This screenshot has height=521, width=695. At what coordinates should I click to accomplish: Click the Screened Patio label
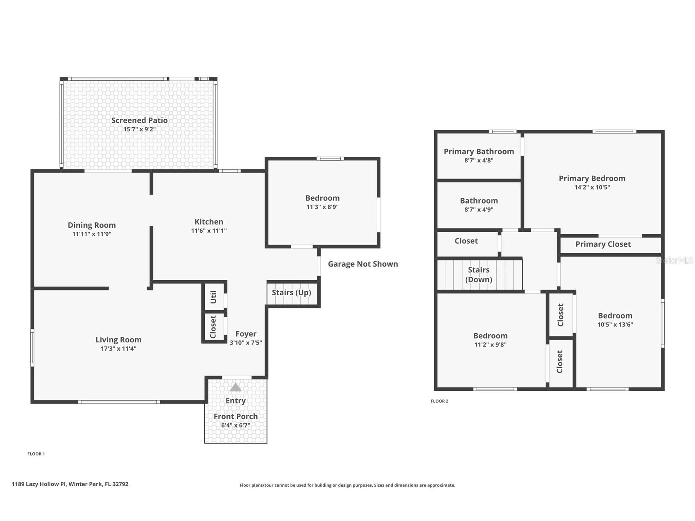(139, 120)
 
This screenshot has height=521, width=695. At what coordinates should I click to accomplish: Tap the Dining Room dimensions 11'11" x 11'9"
(92, 234)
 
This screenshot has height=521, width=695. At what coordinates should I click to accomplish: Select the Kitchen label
(209, 222)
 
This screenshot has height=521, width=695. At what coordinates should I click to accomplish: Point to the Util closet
(213, 297)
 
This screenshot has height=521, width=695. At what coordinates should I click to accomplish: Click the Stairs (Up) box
(293, 293)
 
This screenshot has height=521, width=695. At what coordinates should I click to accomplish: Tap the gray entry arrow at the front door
(235, 387)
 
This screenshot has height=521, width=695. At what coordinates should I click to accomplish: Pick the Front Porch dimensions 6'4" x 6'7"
(235, 425)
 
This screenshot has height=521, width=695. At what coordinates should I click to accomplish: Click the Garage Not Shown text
(363, 264)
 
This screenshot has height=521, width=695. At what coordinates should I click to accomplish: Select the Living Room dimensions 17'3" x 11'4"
(118, 349)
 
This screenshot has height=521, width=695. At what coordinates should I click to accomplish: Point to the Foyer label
(246, 334)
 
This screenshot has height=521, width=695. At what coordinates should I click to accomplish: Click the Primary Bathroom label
(479, 152)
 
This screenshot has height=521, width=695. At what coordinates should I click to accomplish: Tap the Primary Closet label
(603, 244)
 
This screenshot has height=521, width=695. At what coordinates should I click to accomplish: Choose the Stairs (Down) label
(479, 274)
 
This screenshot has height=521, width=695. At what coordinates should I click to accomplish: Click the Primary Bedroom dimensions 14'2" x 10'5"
(592, 187)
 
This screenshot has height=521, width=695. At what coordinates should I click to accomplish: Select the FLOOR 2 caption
(439, 401)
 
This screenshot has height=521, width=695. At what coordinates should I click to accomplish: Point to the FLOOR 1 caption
(36, 454)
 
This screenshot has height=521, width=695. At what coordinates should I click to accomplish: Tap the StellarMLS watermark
(675, 260)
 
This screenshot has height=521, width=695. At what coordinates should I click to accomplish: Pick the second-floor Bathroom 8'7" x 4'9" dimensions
(479, 209)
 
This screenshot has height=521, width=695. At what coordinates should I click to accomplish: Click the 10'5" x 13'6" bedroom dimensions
(615, 324)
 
